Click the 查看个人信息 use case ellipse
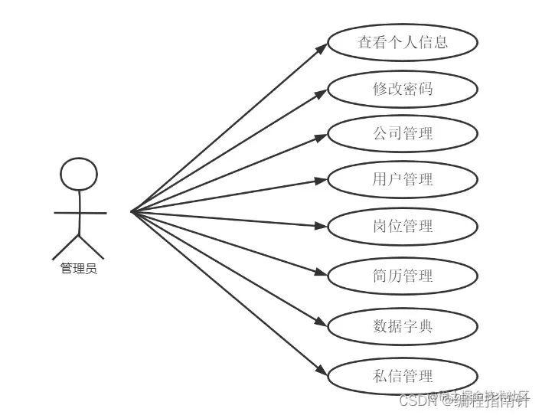[403, 43]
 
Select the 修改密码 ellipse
[403, 89]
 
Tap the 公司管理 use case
[403, 134]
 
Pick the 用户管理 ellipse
[403, 180]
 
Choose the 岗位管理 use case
[403, 226]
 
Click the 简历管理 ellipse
[403, 276]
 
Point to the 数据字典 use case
[403, 326]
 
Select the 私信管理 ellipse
[403, 376]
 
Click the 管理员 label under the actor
[79, 269]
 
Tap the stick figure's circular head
[79, 174]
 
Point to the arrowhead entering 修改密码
[322, 93]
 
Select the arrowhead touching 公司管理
[322, 137]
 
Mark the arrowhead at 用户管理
[322, 181]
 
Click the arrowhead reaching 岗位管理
[322, 225]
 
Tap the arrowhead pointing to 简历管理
[322, 273]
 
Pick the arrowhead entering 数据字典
[322, 322]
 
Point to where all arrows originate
[132, 211]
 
